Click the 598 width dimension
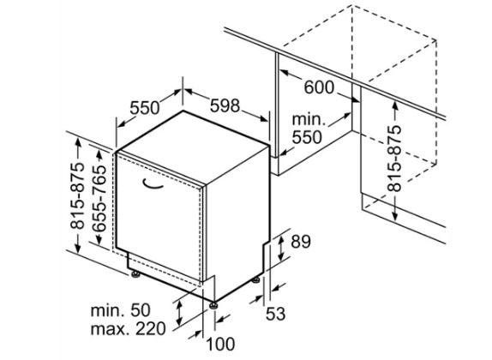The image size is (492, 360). (x=225, y=105)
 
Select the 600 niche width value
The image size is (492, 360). (x=319, y=87)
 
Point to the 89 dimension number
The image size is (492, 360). (x=301, y=242)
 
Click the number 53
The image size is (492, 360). (x=275, y=314)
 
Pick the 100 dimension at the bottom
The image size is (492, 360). (x=220, y=344)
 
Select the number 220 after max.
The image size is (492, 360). (x=149, y=329)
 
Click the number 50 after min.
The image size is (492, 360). (x=140, y=310)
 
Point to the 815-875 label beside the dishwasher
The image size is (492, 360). (x=77, y=195)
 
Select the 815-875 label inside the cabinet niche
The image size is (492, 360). (x=394, y=159)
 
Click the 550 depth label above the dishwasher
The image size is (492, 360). (x=145, y=108)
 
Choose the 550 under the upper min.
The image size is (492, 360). (x=307, y=137)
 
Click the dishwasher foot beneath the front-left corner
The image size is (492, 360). (x=136, y=274)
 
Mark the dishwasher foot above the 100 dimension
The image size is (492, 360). (x=214, y=305)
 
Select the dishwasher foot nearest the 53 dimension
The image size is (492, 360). (x=255, y=279)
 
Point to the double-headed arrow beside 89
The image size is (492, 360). (x=281, y=248)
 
